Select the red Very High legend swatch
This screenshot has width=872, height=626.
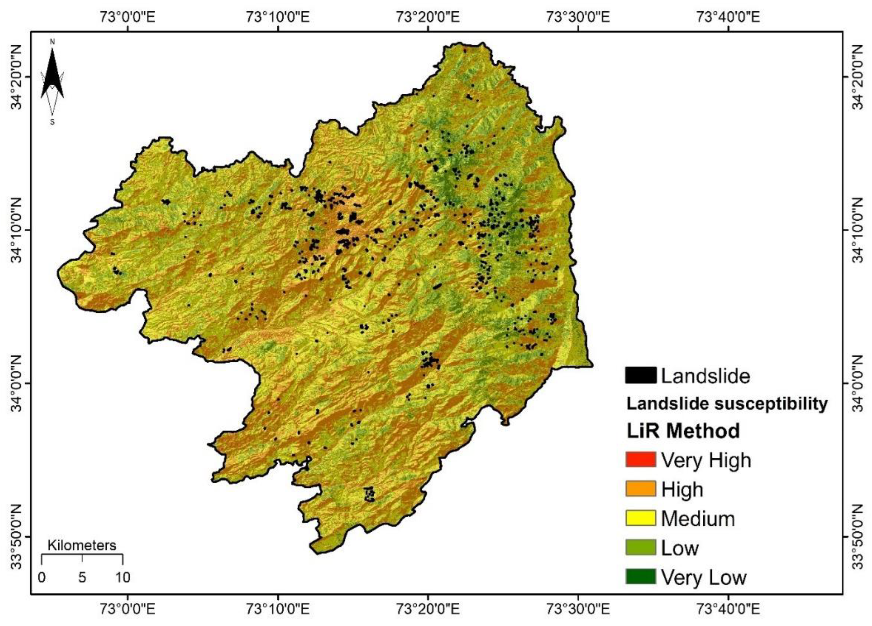[641, 460]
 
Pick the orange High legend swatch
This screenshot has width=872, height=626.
[641, 489]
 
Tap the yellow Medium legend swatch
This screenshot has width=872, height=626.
[641, 518]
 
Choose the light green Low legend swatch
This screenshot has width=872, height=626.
[641, 547]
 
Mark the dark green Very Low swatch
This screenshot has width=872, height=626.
[641, 577]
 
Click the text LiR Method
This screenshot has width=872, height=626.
[683, 431]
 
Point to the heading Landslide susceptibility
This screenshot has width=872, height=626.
[727, 404]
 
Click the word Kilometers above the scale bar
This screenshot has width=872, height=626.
[82, 545]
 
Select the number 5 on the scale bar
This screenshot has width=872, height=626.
[82, 577]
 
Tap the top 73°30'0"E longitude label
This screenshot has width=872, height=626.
[578, 17]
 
